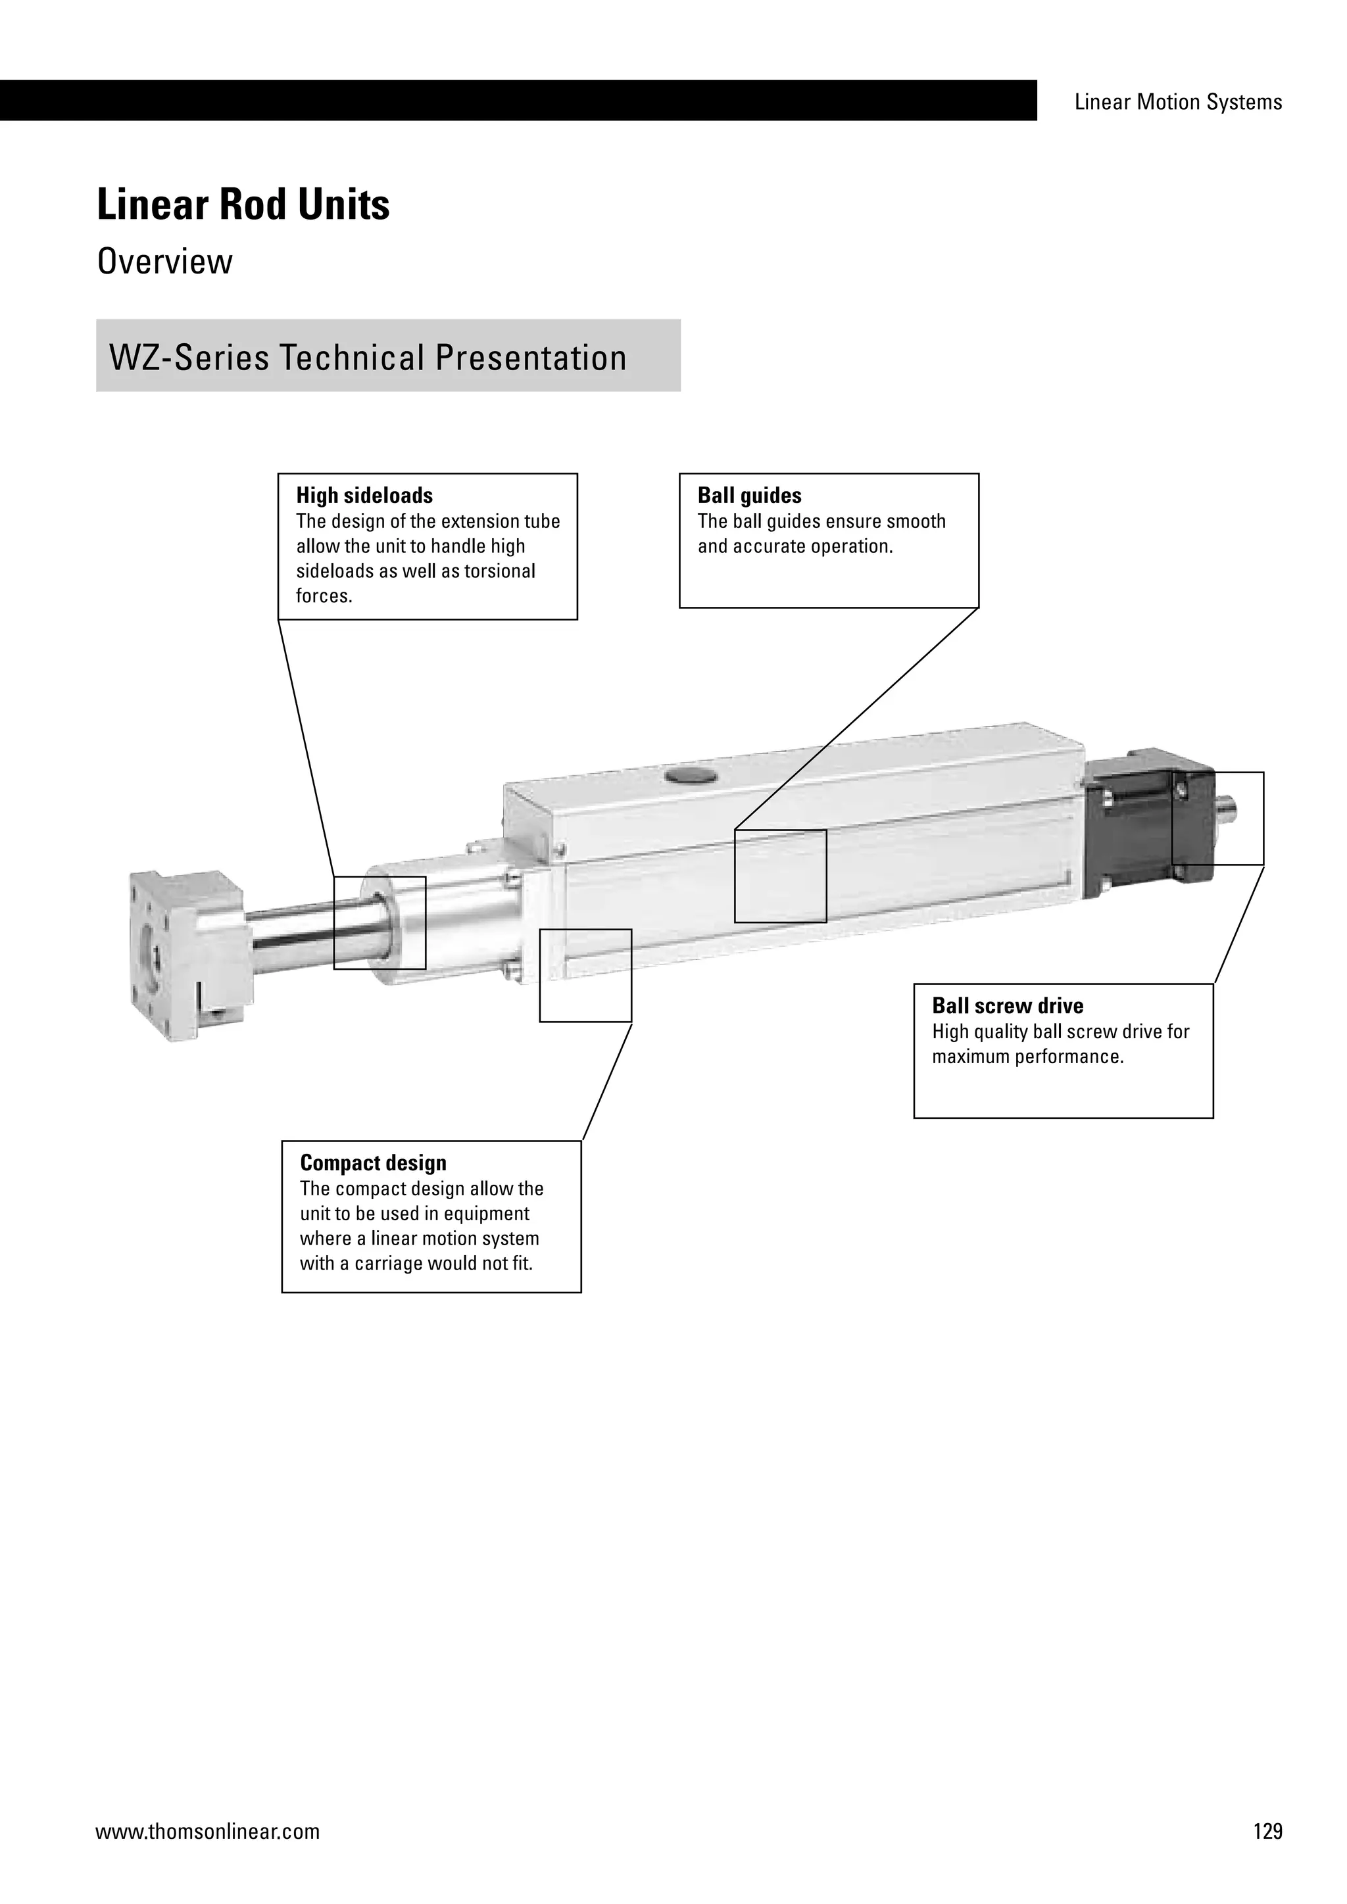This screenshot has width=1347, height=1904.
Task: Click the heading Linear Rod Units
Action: pyautogui.click(x=243, y=205)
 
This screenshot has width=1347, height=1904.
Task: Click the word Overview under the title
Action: pyautogui.click(x=165, y=262)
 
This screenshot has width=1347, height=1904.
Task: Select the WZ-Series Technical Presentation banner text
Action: pyautogui.click(x=368, y=358)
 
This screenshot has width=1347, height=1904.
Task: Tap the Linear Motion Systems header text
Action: pyautogui.click(x=1178, y=102)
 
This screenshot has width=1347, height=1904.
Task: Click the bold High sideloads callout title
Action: pyautogui.click(x=364, y=496)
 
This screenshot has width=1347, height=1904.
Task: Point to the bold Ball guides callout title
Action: pyautogui.click(x=749, y=496)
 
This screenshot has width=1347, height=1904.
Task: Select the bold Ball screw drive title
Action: pyautogui.click(x=1007, y=1006)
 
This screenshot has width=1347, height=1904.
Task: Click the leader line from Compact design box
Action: pyautogui.click(x=607, y=1082)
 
